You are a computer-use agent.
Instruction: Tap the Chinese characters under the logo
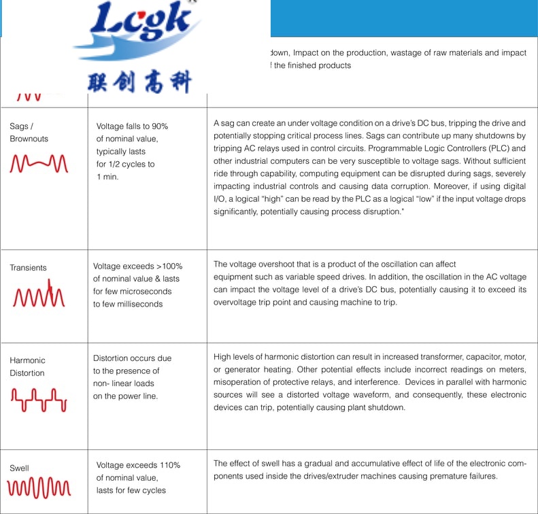(x=139, y=82)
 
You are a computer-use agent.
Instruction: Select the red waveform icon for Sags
(x=39, y=164)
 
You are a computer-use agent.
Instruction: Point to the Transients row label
(x=28, y=268)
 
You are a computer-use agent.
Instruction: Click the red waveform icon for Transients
(x=39, y=295)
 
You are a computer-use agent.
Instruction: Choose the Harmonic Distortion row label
(x=27, y=366)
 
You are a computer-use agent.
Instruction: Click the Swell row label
(x=19, y=468)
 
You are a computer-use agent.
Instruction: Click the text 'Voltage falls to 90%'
(x=132, y=126)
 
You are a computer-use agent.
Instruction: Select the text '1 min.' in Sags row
(x=107, y=177)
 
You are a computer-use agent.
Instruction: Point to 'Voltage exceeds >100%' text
(x=137, y=267)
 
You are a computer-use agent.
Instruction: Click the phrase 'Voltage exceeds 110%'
(x=138, y=465)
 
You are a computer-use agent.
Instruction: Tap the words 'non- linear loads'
(x=124, y=383)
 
